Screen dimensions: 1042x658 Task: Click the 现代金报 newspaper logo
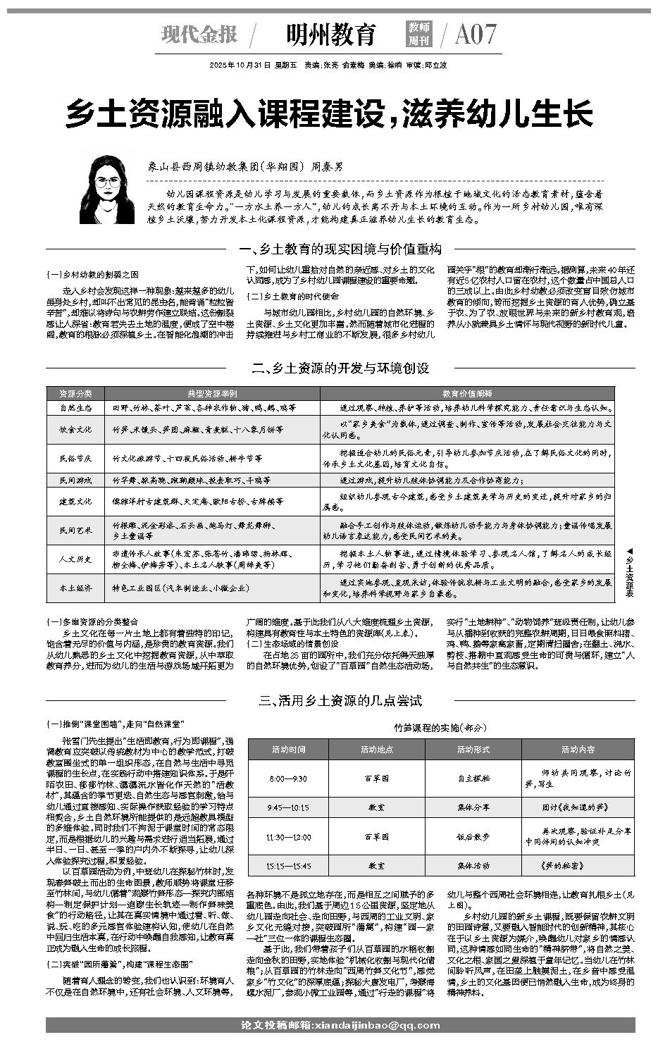pyautogui.click(x=199, y=34)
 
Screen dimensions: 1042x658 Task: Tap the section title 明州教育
pyautogui.click(x=331, y=34)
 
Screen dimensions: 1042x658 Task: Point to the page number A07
pyautogui.click(x=476, y=34)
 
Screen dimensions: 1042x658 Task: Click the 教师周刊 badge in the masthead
pyautogui.click(x=419, y=34)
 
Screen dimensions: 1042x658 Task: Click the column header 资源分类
pyautogui.click(x=75, y=393)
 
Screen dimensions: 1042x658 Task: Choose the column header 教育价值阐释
pyautogui.click(x=467, y=393)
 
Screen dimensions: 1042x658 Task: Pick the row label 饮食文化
pyautogui.click(x=75, y=429)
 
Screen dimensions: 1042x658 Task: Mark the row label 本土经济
pyautogui.click(x=75, y=588)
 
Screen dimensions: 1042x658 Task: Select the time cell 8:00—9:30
pyautogui.click(x=288, y=779)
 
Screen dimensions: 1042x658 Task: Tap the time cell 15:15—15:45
pyautogui.click(x=288, y=865)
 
